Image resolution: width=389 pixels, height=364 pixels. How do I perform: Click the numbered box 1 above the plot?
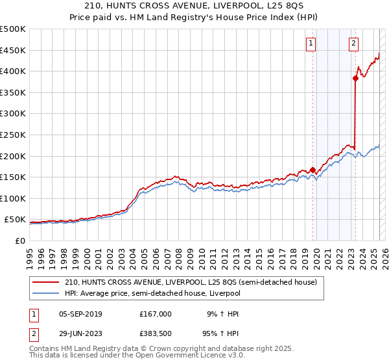[311, 44]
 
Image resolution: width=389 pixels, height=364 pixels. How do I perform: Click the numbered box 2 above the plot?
[354, 44]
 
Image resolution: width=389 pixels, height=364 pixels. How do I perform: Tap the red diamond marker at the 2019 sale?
[312, 170]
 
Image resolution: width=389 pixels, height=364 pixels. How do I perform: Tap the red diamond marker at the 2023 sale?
[355, 78]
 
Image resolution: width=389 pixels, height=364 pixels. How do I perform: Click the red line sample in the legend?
[47, 282]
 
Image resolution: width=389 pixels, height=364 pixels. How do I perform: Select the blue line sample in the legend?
[47, 293]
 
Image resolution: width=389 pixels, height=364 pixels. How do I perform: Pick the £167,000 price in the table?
[156, 314]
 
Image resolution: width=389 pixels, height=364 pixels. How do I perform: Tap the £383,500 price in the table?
[156, 333]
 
